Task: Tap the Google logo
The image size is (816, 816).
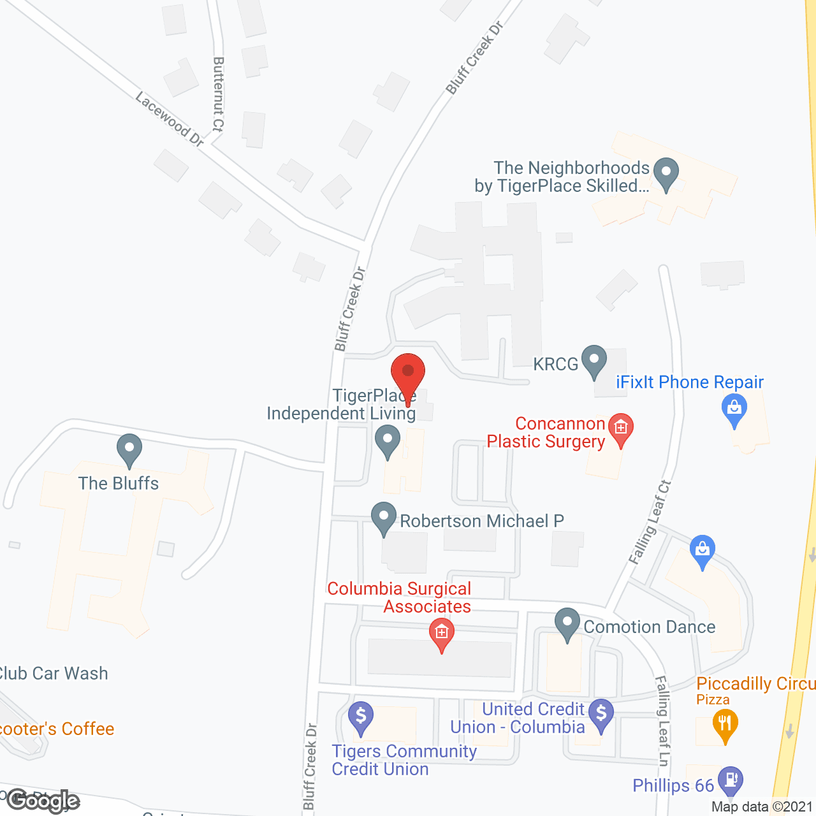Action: pyautogui.click(x=43, y=801)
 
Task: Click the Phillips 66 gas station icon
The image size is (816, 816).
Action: pyautogui.click(x=730, y=780)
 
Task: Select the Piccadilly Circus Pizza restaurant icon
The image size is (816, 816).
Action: pyautogui.click(x=725, y=725)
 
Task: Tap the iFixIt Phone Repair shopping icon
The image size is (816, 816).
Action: pyautogui.click(x=734, y=408)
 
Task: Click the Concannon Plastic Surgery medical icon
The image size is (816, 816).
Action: pyautogui.click(x=620, y=428)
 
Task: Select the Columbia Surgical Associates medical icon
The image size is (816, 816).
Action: pyautogui.click(x=441, y=634)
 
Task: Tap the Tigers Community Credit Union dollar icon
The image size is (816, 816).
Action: pyautogui.click(x=361, y=717)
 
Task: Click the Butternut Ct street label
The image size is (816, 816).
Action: pyautogui.click(x=218, y=94)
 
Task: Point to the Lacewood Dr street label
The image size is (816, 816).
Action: pyautogui.click(x=170, y=119)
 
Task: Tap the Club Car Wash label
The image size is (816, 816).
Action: pyautogui.click(x=54, y=673)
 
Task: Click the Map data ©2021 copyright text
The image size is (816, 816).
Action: pyautogui.click(x=762, y=806)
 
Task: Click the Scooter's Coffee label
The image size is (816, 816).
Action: pyautogui.click(x=57, y=729)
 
